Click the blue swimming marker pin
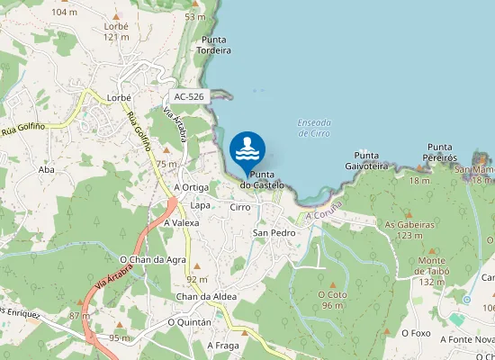(x=247, y=149)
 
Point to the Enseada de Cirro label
(x=313, y=128)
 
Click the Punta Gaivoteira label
(x=365, y=160)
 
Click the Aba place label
(x=47, y=169)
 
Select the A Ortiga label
(x=191, y=187)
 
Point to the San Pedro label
(x=274, y=233)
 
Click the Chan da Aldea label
(x=205, y=297)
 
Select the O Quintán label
(x=189, y=321)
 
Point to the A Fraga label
(x=222, y=345)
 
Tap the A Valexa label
(x=181, y=222)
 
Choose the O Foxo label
(x=417, y=332)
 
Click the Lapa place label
(x=200, y=205)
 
